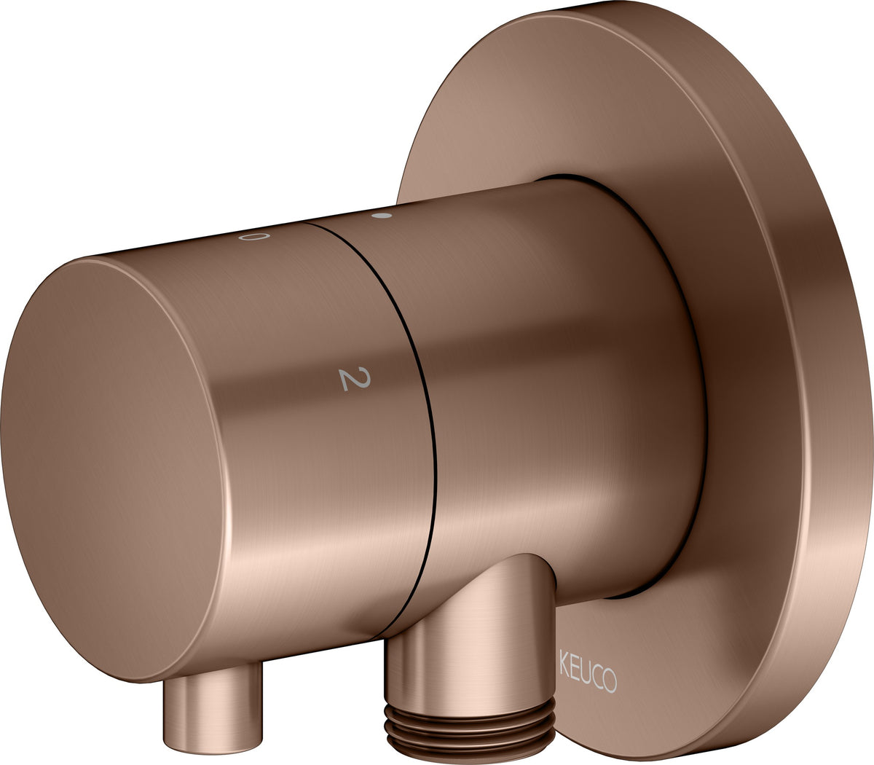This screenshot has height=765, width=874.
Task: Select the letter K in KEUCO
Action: [564, 670]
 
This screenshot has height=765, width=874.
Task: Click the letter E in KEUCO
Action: [573, 672]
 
